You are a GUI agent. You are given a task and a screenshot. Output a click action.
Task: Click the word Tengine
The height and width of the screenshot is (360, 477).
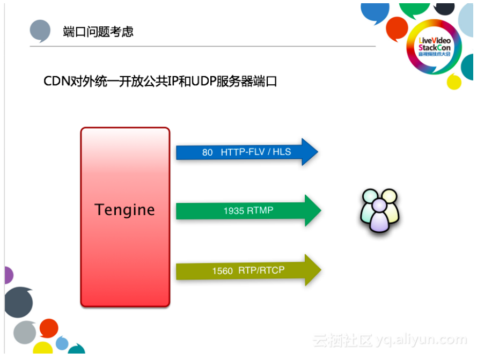tap(124, 210)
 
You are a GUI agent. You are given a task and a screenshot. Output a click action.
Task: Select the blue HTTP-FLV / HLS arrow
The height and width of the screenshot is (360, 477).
tap(247, 152)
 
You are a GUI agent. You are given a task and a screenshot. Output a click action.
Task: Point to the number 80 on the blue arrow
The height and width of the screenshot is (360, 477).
tap(208, 153)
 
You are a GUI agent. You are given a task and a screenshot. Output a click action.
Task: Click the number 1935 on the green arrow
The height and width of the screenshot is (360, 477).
tap(234, 211)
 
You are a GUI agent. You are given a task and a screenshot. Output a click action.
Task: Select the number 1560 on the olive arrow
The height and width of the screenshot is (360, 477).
tap(222, 271)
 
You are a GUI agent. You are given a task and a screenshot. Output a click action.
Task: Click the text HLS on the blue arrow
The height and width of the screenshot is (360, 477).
tap(282, 152)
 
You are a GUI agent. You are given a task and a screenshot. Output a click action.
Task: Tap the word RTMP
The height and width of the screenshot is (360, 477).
tap(260, 211)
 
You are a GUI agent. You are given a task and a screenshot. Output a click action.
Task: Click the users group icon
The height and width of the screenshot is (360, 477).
tap(379, 210)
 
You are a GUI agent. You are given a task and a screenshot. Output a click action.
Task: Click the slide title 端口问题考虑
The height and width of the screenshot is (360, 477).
tap(98, 32)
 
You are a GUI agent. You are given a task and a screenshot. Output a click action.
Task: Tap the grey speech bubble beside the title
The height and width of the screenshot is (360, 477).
tap(40, 31)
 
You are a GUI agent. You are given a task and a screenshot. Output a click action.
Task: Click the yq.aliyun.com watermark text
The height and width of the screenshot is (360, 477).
tap(421, 340)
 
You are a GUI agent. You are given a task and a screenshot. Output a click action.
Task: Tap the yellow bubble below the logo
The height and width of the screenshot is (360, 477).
tap(454, 82)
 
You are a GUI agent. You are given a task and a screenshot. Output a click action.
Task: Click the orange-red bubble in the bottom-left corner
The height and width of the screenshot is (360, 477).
tap(49, 328)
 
